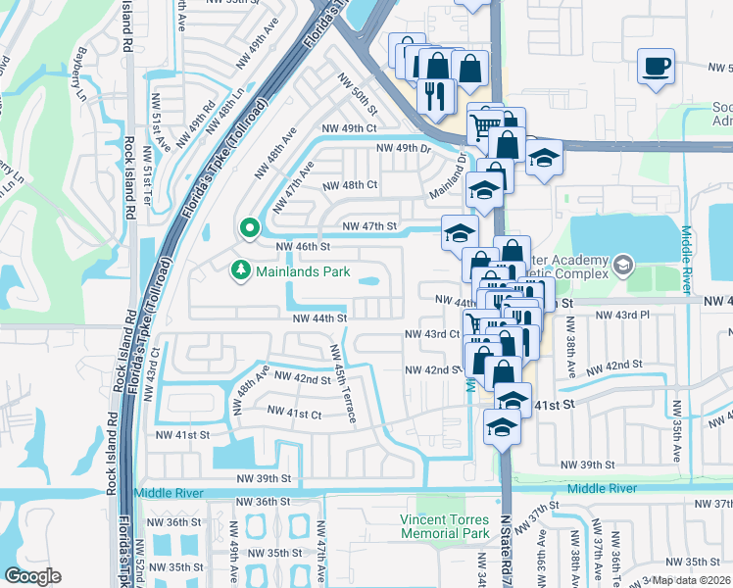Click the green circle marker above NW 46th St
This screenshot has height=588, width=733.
coord(249,228)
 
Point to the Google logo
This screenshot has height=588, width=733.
coord(32,576)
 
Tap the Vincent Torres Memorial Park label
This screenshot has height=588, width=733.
coord(444,526)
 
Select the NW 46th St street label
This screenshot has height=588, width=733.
coord(303,247)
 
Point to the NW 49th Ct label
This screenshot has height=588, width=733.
coord(349,128)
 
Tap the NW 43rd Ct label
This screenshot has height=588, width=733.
coord(432,334)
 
